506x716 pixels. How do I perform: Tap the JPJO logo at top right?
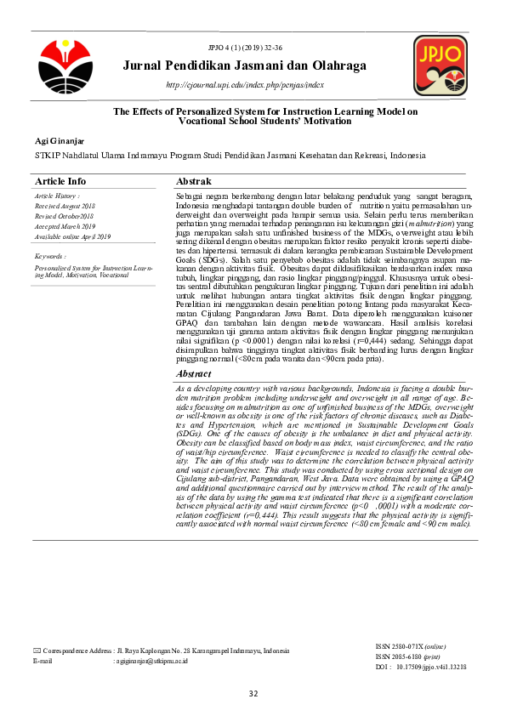coord(439,65)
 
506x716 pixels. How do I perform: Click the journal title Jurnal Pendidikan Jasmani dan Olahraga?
coord(244,65)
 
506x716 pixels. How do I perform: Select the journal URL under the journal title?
coord(245,85)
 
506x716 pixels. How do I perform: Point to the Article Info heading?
coord(60,182)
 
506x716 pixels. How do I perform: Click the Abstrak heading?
coord(193,182)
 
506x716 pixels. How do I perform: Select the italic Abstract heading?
coord(194,374)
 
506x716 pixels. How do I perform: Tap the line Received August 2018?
coord(65,207)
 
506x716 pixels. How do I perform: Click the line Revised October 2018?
coord(65,217)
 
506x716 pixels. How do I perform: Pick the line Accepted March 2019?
coord(65,226)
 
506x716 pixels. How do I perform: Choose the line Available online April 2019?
coord(73,236)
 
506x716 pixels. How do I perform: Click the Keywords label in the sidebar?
coord(51,256)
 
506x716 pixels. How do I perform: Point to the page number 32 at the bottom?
coord(253,694)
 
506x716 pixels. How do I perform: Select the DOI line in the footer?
coord(420,668)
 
